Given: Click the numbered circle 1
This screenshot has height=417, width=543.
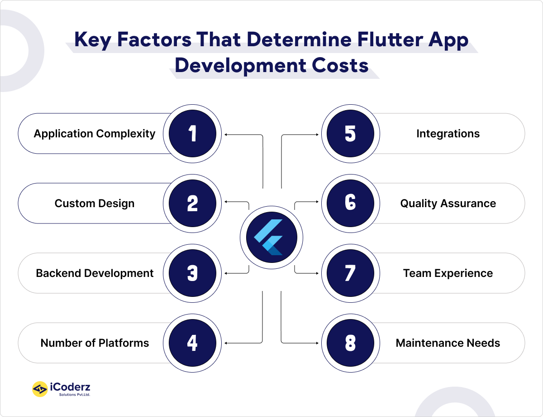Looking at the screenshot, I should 192,134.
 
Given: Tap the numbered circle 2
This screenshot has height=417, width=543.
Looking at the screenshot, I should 192,204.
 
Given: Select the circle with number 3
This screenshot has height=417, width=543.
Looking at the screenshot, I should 192,273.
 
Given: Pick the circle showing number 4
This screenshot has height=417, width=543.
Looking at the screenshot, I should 192,343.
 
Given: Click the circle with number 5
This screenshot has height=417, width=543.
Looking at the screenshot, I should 350,134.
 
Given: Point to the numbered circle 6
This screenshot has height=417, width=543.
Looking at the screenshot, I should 350,204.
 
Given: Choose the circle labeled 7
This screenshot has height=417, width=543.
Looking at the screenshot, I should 350,273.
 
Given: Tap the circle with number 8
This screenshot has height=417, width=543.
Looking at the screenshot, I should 350,343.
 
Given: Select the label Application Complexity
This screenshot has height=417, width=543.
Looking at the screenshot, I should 95,134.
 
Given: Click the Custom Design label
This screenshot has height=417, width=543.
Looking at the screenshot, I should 95,204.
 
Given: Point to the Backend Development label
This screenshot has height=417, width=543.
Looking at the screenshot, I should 95,273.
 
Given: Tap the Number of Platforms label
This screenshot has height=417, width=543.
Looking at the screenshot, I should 95,343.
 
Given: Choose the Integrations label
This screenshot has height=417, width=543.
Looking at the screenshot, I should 448,134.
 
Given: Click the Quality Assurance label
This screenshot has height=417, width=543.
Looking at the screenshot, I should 448,204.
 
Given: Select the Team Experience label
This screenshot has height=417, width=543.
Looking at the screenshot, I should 448,273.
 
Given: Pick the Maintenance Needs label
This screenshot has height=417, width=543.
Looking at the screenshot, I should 448,343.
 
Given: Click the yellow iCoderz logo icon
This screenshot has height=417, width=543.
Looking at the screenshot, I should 40,389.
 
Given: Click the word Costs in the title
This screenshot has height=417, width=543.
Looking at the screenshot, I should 336,65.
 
